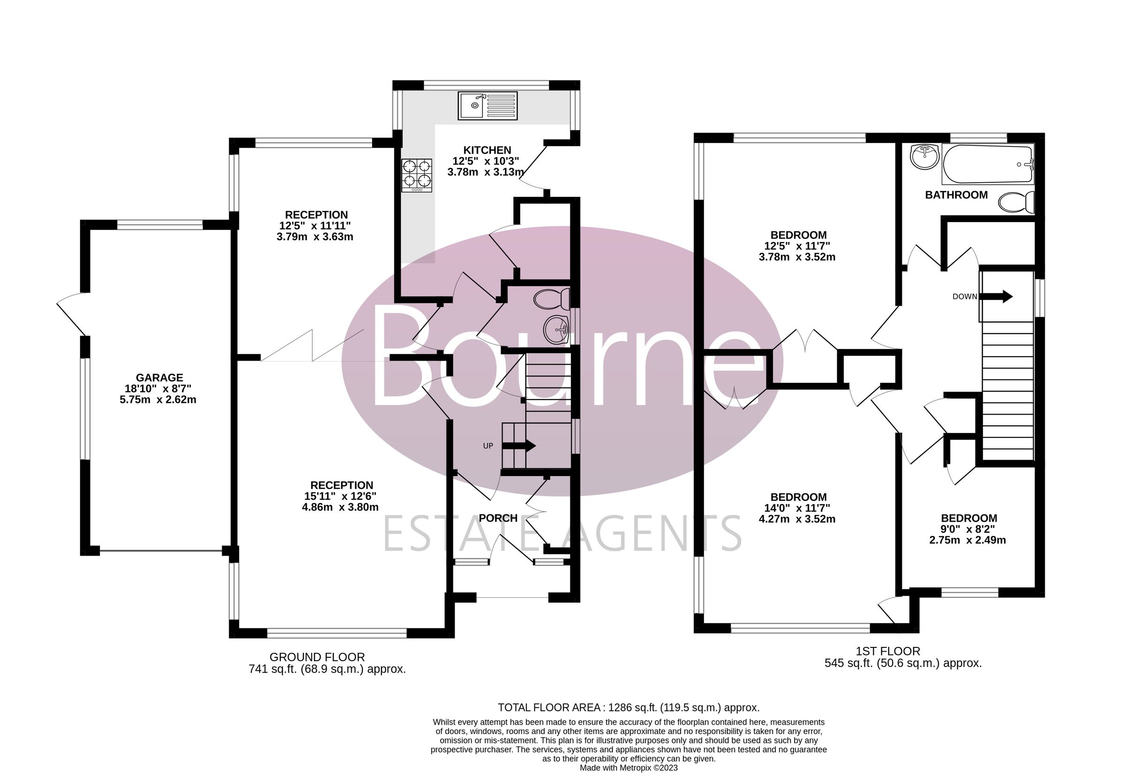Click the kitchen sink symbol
click(487, 105)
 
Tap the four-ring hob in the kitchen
click(417, 176)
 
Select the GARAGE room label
click(159, 377)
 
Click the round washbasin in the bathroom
click(924, 156)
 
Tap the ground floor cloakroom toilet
click(552, 299)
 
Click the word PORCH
click(498, 518)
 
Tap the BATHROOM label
click(956, 195)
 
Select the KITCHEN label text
click(487, 150)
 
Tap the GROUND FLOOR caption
click(317, 657)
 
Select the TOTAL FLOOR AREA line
click(629, 707)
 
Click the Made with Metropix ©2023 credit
click(629, 768)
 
